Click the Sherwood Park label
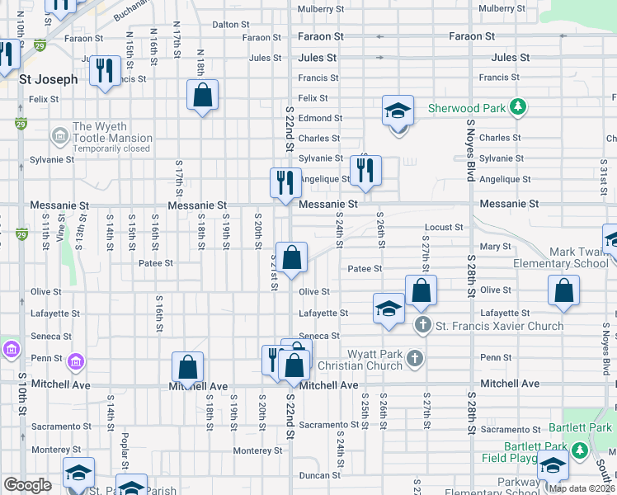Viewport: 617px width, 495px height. click(467, 108)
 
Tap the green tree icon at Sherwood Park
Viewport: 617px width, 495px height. click(517, 107)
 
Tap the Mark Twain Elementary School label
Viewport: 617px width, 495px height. click(561, 257)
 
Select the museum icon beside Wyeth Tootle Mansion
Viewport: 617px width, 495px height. click(59, 134)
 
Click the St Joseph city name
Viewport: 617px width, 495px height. click(48, 80)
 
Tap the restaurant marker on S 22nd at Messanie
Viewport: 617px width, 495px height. click(285, 181)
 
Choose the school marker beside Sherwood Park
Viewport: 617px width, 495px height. click(397, 111)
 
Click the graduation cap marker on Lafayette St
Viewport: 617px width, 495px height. click(389, 309)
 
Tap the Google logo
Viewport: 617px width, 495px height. click(28, 485)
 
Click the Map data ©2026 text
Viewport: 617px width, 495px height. click(582, 488)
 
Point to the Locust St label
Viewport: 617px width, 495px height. click(444, 227)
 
